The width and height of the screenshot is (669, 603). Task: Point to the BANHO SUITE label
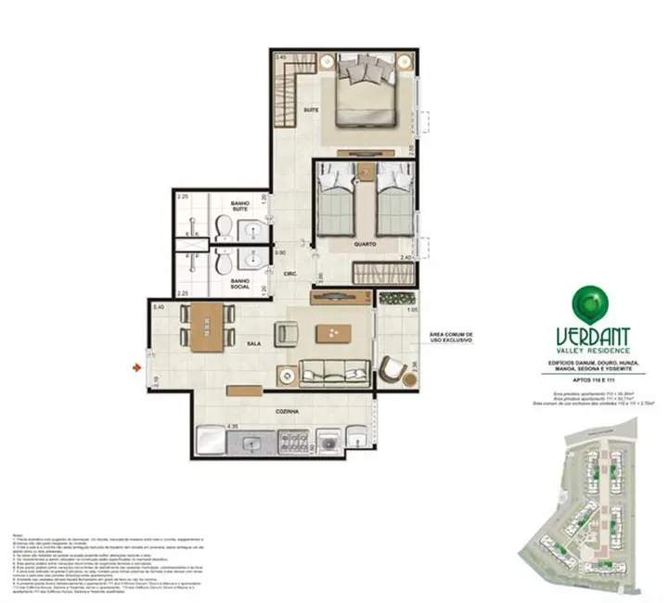[241, 208]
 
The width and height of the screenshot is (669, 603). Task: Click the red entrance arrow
[138, 369]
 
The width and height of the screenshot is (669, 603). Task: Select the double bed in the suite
[367, 90]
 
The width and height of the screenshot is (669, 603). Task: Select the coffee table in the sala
[331, 333]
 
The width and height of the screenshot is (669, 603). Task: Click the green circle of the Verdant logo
[585, 300]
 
